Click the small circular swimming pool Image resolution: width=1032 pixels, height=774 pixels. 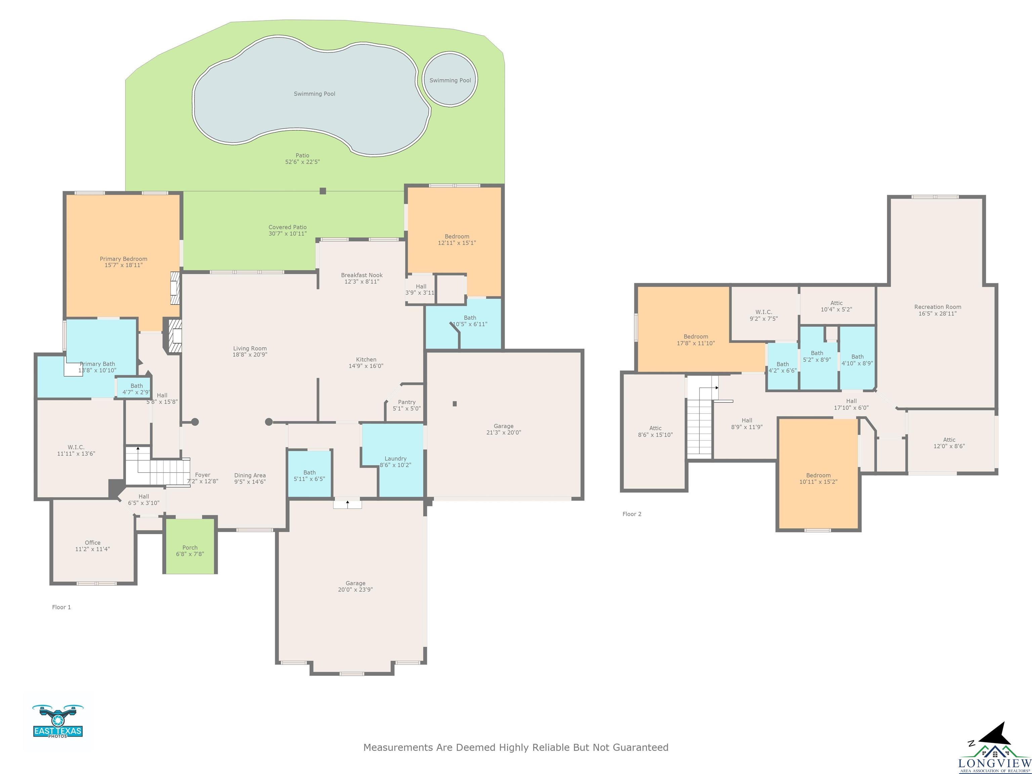click(450, 78)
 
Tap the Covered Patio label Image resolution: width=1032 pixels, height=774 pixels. click(287, 227)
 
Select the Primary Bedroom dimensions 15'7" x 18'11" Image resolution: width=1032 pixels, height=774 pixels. click(124, 265)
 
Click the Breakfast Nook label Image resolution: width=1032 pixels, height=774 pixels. click(361, 275)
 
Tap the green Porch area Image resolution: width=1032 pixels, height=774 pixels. click(190, 546)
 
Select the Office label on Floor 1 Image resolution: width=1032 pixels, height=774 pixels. click(93, 543)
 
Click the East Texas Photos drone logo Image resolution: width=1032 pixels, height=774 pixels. click(58, 721)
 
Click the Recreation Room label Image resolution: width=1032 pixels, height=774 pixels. click(938, 307)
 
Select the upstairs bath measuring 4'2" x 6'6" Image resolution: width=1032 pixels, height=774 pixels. click(782, 367)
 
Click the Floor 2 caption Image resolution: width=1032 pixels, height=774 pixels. click(632, 514)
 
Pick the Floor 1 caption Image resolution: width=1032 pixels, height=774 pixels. click(61, 607)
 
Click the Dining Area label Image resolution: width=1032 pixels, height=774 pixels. click(250, 475)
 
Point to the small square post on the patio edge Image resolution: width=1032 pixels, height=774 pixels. click(323, 191)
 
